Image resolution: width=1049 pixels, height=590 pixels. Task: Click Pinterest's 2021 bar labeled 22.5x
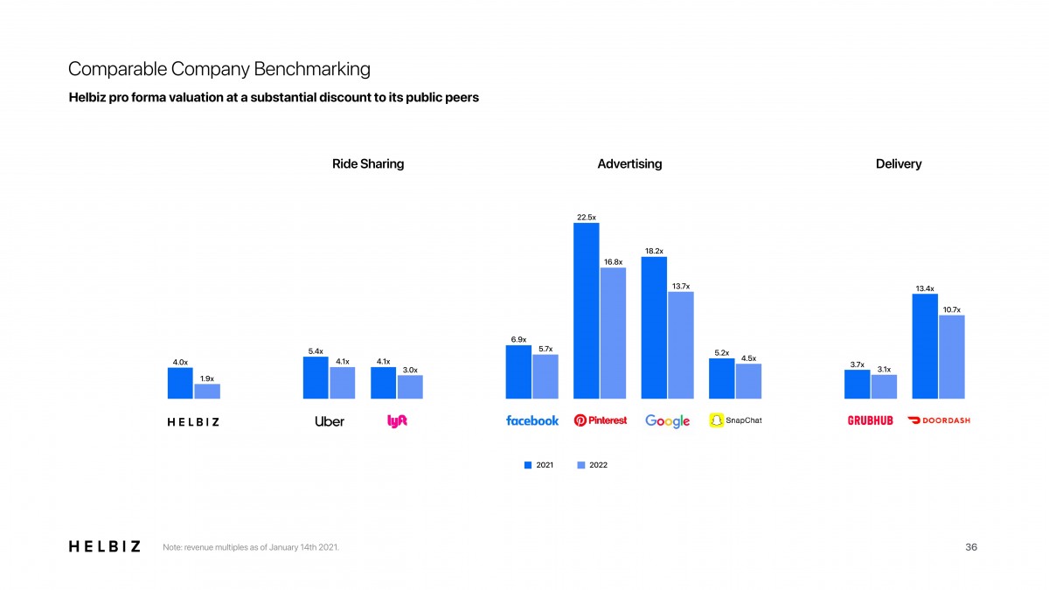586,311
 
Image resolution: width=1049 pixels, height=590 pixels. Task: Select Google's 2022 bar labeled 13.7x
680,345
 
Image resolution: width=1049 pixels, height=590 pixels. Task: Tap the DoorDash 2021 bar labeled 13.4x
925,346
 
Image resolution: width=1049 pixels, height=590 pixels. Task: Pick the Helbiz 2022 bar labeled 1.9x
207,392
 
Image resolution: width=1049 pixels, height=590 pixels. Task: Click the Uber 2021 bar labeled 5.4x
316,378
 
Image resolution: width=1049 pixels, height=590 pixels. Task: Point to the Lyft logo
397,420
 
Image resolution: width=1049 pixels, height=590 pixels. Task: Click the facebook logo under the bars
531,420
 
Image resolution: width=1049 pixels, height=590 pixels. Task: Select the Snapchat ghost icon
717,420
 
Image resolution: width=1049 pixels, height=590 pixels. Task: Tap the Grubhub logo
871,420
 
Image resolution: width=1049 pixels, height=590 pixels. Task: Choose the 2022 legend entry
593,465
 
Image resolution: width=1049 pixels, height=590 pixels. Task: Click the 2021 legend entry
538,465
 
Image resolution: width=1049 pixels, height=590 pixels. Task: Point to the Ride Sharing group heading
368,163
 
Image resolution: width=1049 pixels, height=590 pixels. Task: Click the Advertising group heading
629,163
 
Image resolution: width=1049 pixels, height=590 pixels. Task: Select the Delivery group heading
899,163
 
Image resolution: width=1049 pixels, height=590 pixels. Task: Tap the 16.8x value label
613,261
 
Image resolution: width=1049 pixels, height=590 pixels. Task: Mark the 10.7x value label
952,309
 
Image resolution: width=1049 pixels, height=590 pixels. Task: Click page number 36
971,547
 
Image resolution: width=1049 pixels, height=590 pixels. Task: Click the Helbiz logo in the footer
104,546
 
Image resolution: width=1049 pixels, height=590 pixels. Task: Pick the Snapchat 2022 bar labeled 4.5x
748,381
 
